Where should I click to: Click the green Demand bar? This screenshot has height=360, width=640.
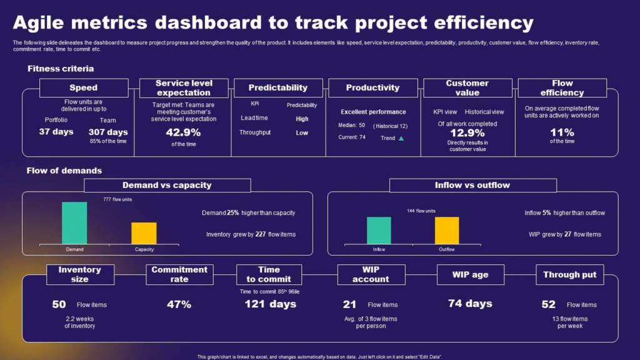[x=74, y=222]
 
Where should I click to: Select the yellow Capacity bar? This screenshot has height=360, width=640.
[x=144, y=233]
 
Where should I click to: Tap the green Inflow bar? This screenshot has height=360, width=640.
[x=379, y=230]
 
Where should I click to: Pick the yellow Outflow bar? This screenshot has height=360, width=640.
[x=446, y=230]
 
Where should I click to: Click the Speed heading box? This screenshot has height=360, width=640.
[x=83, y=87]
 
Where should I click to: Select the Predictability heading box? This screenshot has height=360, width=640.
[x=277, y=87]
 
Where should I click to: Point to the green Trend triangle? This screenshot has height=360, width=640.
[x=401, y=138]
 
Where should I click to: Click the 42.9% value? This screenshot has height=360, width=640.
[x=184, y=132]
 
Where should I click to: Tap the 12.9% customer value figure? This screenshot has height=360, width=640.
[x=467, y=132]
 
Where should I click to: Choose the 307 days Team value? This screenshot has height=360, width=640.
[x=108, y=132]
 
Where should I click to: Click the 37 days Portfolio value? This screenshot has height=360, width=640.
[x=56, y=132]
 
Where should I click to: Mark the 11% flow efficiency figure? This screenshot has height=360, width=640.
[x=561, y=132]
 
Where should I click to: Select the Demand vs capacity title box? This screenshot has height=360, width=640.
[x=167, y=185]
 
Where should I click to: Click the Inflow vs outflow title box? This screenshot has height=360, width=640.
[x=472, y=185]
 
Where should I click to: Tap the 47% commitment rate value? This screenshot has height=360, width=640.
[x=179, y=304]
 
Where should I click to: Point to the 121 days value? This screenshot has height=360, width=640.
[x=270, y=304]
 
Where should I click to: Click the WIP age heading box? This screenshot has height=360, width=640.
[x=471, y=274]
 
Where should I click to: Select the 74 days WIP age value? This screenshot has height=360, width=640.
[x=470, y=304]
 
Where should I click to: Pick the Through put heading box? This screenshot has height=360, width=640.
[x=569, y=274]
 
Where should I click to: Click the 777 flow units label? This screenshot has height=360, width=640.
[x=117, y=199]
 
